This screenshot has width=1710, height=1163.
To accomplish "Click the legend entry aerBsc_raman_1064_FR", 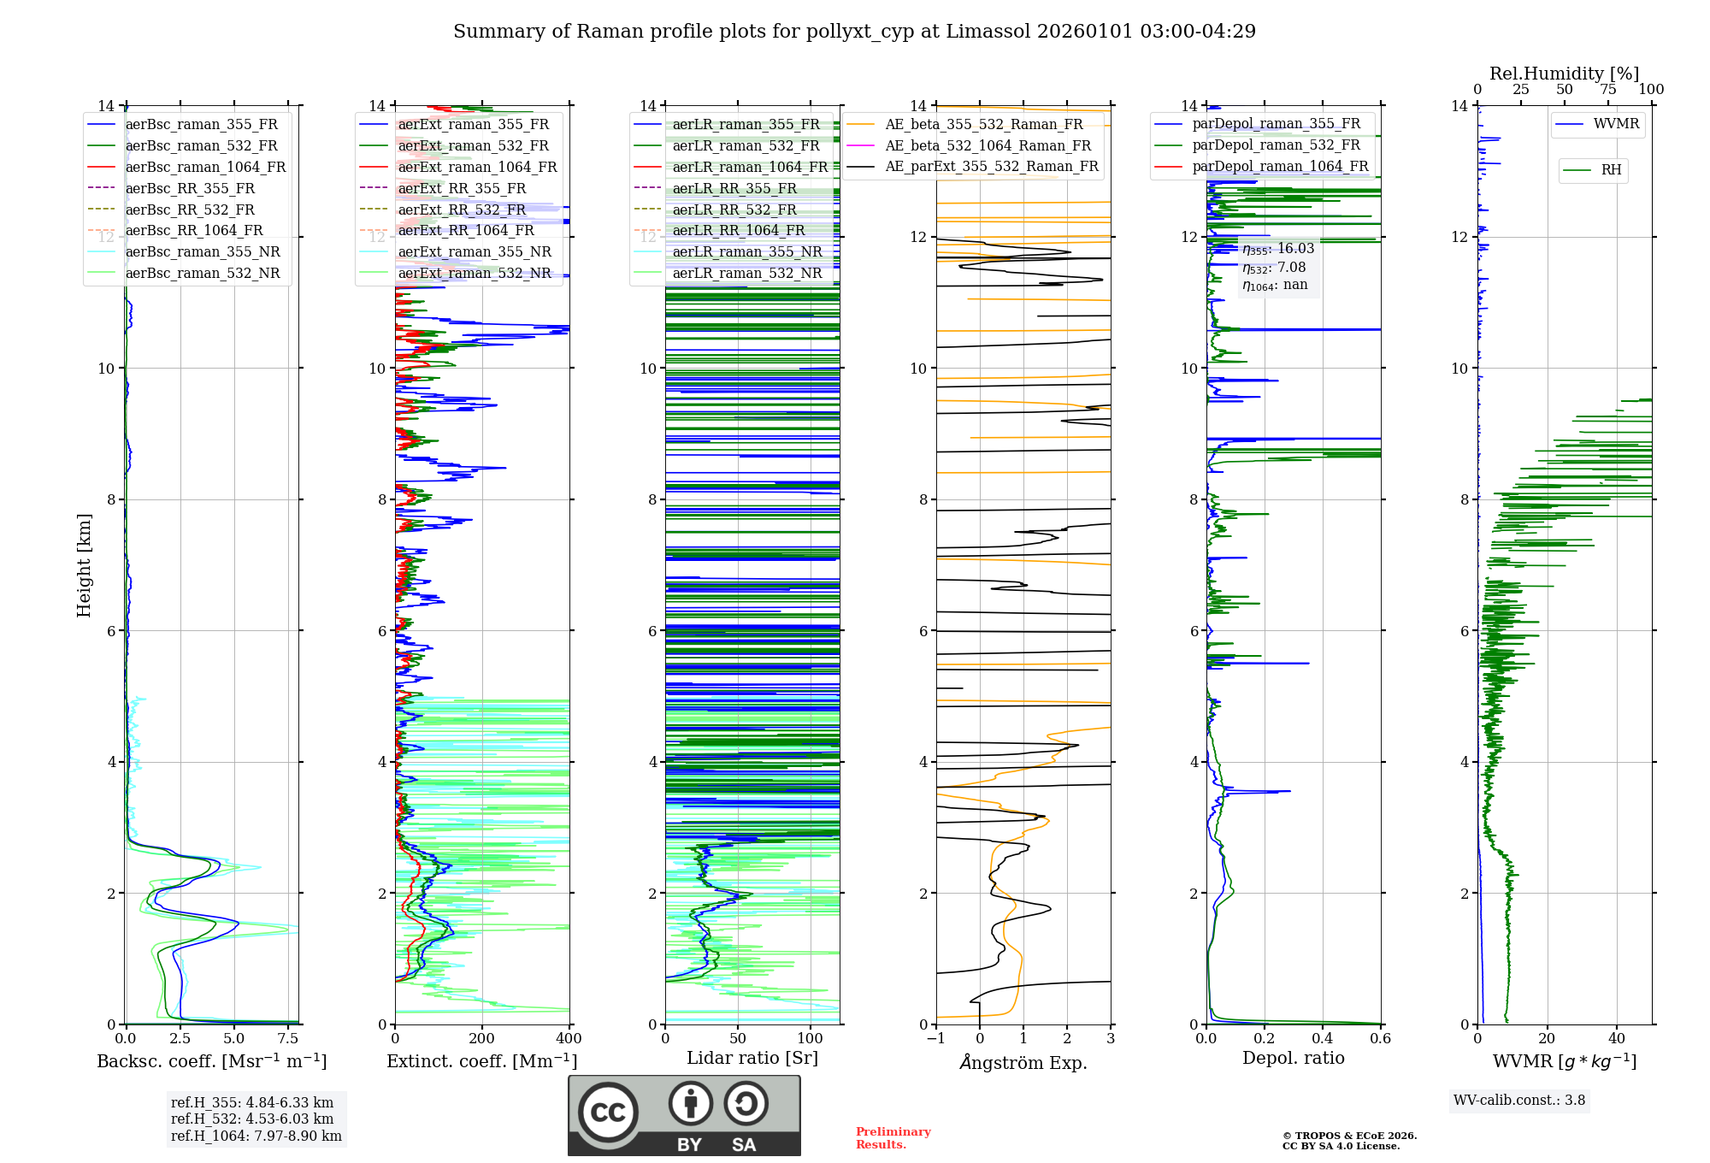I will click(x=205, y=167).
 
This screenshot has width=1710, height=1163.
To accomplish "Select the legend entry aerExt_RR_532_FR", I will click(x=462, y=210).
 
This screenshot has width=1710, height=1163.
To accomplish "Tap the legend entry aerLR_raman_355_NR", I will click(x=746, y=251).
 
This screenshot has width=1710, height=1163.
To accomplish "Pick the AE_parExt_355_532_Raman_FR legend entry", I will click(x=992, y=166).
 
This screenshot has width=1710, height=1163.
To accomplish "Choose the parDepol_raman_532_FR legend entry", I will click(x=1276, y=145).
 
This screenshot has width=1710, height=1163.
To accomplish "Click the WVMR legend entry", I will click(x=1616, y=124).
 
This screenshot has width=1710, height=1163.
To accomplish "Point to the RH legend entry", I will click(x=1611, y=170).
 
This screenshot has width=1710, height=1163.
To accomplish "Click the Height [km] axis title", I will click(x=84, y=564).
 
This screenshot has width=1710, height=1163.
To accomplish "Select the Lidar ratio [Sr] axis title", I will click(x=752, y=1058).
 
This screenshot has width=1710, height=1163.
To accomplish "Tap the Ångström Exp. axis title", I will click(x=1023, y=1062).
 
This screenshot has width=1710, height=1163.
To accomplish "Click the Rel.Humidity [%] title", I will click(x=1564, y=74).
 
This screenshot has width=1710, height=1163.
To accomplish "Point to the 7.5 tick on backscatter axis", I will click(x=289, y=1039).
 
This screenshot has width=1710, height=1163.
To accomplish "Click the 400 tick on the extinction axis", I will click(x=569, y=1039).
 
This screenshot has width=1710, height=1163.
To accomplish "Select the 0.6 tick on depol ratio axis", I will click(x=1380, y=1039).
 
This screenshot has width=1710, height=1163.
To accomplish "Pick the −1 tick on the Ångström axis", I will click(x=936, y=1039).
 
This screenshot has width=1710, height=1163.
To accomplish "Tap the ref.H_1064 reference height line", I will click(x=256, y=1136).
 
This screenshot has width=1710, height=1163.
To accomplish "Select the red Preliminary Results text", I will click(x=893, y=1137).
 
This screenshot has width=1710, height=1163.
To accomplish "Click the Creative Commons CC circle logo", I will click(x=608, y=1112).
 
